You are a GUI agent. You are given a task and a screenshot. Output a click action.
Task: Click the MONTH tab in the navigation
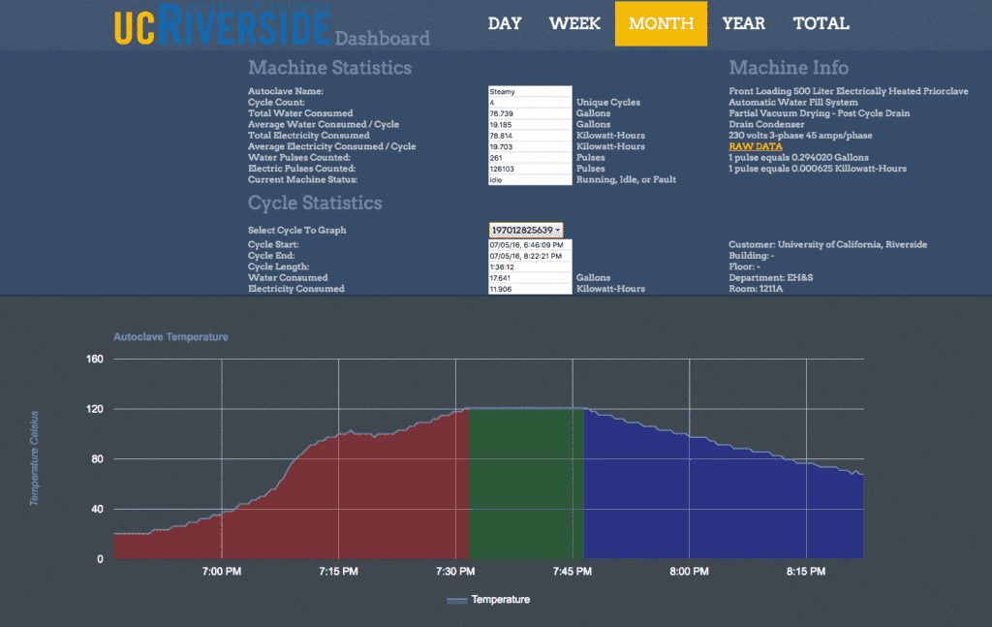pos(661,23)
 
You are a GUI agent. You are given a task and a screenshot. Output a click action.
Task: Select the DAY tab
pos(505,23)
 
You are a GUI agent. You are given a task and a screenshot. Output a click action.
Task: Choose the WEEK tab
pos(574,23)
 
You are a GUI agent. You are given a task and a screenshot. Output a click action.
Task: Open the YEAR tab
pos(743,23)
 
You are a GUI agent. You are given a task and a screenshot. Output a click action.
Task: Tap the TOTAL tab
pos(821,23)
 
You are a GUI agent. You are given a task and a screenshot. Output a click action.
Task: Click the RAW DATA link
pos(756,146)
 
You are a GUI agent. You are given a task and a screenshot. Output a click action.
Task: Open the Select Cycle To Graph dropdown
pos(526,230)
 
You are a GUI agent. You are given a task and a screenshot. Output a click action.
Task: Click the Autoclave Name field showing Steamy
pos(530,91)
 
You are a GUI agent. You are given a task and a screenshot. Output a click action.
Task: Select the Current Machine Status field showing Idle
pos(530,179)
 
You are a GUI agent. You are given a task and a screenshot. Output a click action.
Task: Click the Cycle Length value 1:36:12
pos(530,266)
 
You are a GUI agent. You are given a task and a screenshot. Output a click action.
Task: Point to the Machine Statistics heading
pos(329,68)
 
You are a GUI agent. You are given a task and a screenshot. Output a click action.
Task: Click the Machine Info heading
pos(789,68)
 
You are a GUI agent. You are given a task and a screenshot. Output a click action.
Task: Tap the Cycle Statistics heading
pos(315,204)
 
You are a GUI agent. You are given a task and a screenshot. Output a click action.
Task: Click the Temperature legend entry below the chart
pos(489,600)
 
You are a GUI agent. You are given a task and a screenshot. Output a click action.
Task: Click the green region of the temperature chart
pos(526,485)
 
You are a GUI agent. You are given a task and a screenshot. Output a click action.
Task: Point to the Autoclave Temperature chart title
pos(170,337)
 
